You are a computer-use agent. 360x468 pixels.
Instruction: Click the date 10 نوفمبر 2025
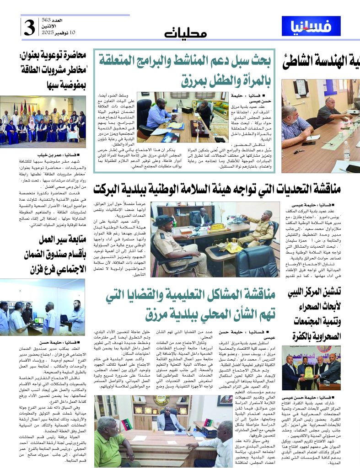57,33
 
